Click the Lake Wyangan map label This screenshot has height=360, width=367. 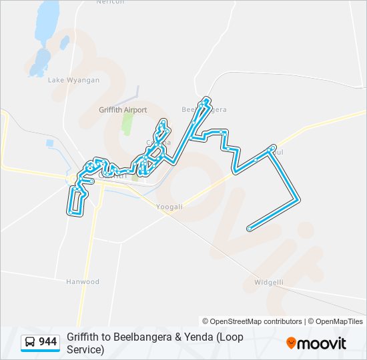tap(73, 80)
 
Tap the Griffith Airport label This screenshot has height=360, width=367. tap(123, 110)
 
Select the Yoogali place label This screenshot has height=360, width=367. tap(169, 207)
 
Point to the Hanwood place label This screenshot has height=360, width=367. tap(82, 282)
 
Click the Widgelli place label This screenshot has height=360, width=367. tap(269, 282)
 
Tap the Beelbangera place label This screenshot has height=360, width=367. tap(204, 109)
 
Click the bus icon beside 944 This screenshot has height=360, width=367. tap(30, 342)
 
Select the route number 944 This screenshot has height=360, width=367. tap(48, 342)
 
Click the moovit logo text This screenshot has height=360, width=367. tap(322, 343)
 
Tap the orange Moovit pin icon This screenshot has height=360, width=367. tap(291, 343)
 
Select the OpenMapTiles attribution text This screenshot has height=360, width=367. tap(337, 321)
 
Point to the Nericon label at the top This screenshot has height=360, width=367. tap(111, 2)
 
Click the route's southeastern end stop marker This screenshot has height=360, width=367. tap(249, 229)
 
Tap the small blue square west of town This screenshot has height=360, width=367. tap(50, 143)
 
